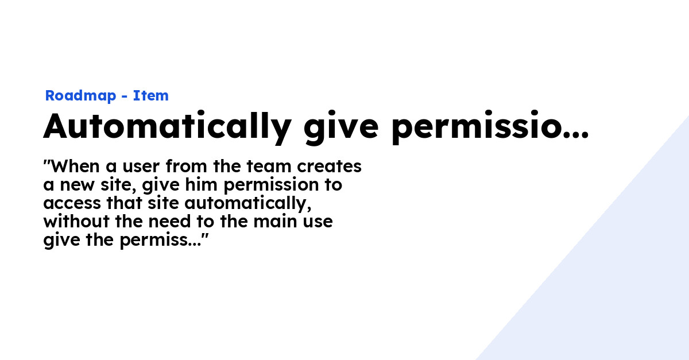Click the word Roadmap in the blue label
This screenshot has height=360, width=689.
coord(80,96)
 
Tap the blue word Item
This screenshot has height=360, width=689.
coord(151,96)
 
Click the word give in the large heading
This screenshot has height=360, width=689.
coord(340,127)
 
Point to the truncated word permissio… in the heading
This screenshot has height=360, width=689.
coord(489,127)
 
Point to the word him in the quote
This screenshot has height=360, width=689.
coord(206,185)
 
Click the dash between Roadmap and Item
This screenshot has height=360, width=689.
coord(124,96)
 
